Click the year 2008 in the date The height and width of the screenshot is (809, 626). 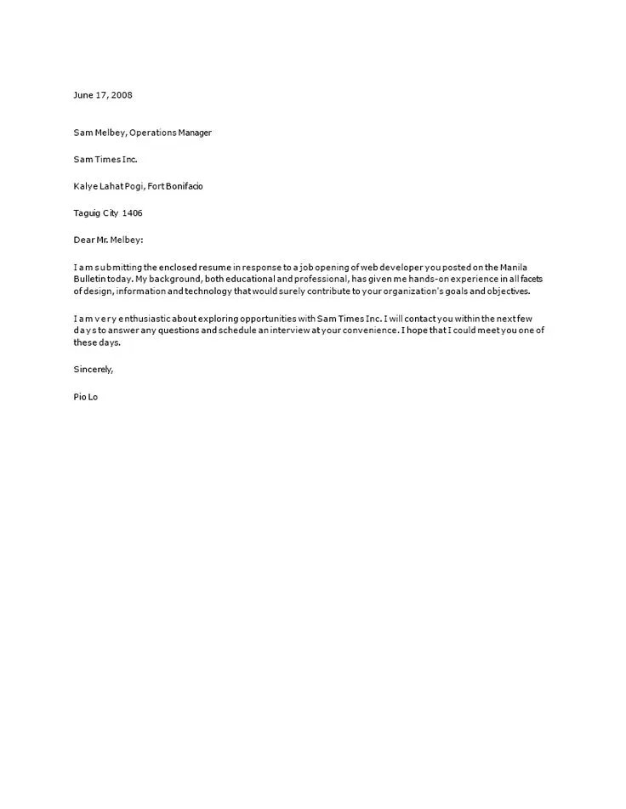coord(122,95)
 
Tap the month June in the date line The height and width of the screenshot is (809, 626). coord(83,95)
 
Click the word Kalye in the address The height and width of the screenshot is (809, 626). coord(85,186)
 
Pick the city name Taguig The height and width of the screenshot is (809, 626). coord(87,213)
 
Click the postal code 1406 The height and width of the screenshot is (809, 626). coord(132,213)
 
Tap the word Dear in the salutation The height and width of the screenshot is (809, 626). coord(83,240)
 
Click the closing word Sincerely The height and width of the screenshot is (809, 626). coord(94,370)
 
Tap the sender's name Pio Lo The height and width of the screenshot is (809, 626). coord(86,397)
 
